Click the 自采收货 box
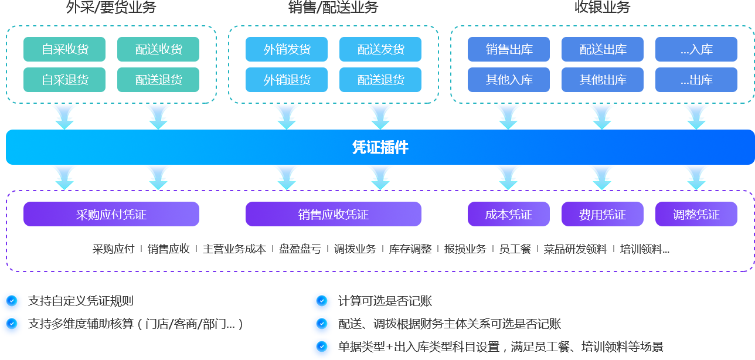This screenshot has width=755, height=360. coord(64,49)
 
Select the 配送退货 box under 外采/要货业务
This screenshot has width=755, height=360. coord(158,80)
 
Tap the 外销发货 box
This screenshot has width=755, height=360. coord(287,49)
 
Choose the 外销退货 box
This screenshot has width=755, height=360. coord(287,80)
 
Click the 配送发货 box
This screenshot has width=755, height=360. coord(380,49)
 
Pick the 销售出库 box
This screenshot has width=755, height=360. coord(509,49)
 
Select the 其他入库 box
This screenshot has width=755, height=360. coord(509,80)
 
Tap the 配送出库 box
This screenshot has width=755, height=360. coord(603,49)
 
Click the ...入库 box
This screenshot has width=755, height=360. coord(696,49)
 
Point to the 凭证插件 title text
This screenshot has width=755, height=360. coord(380,147)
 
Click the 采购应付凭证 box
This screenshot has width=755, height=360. coord(111,214)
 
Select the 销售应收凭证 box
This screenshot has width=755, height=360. coord(334,214)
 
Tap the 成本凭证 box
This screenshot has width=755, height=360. coord(509,214)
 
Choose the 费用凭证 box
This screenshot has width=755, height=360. coord(603,214)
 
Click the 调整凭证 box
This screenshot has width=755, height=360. coord(696,214)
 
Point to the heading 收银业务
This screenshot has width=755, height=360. coord(603,8)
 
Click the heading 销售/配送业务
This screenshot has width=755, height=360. coord(334,8)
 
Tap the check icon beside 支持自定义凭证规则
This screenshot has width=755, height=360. coord(12,301)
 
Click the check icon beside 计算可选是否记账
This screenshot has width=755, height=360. coord(321,301)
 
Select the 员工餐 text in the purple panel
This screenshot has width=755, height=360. coord(515,249)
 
